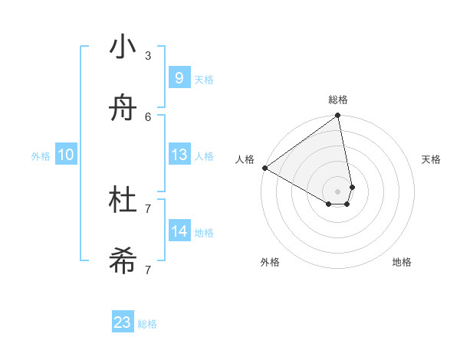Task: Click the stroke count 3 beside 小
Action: (x=147, y=55)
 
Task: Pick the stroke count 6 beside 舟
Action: (x=147, y=116)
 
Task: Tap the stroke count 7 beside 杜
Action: (x=147, y=208)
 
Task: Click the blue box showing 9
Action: (x=179, y=77)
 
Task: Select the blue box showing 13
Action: (x=179, y=155)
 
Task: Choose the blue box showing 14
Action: (x=179, y=231)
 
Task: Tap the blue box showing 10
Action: (x=66, y=155)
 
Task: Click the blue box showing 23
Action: (x=123, y=322)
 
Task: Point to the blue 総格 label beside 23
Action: (x=147, y=324)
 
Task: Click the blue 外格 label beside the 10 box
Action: (x=41, y=156)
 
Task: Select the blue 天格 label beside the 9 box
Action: (x=204, y=80)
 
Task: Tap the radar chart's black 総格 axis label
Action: (x=338, y=100)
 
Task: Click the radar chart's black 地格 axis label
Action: (x=402, y=262)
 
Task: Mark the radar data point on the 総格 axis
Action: (x=338, y=116)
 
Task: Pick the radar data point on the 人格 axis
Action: (x=264, y=168)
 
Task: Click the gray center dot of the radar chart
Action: (x=338, y=191)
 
